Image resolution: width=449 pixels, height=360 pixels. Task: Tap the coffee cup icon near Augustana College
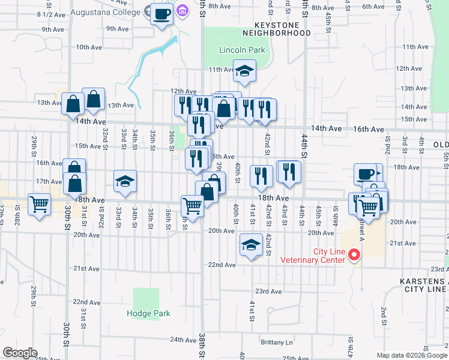161,14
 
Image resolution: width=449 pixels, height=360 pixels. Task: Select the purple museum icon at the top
182,11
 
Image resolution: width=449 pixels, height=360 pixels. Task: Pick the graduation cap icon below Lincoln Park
244,71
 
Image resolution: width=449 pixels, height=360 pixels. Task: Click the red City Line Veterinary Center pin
354,255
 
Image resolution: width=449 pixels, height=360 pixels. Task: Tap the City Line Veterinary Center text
313,256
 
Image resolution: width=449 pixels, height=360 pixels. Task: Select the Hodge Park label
148,313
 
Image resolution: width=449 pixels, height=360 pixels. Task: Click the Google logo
20,353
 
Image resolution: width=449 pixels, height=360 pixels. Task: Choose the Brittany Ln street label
277,343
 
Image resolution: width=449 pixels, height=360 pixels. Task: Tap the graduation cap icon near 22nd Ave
252,245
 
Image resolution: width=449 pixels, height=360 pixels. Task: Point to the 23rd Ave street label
268,292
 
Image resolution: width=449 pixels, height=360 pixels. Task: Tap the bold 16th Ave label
368,129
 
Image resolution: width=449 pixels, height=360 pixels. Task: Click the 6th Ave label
372,7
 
